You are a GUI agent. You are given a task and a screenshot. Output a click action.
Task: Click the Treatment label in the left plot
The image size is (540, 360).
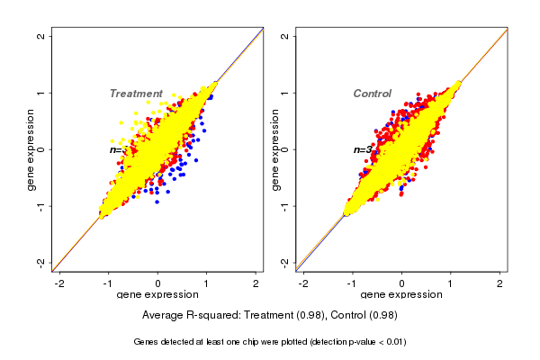pos(136,94)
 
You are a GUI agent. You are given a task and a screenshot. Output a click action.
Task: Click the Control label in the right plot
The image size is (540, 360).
pos(372,94)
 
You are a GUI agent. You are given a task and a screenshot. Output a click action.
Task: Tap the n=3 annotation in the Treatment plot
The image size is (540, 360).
pos(116,149)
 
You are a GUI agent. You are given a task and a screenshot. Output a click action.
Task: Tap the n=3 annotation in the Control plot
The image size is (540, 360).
pos(362,149)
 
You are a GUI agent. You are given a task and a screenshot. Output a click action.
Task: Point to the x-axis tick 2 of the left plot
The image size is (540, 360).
pos(256,283)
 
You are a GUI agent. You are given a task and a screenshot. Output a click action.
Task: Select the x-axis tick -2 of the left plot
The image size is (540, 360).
pos(59,283)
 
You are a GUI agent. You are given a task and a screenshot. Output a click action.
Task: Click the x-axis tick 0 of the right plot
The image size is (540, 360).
pos(402,283)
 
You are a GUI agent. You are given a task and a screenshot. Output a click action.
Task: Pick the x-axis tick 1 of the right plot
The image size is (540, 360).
pos(452,283)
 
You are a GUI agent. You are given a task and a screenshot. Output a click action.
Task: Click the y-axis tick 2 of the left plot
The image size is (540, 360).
pos(42,36)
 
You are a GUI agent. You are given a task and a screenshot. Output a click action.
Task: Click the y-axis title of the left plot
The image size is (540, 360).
pos(31,149)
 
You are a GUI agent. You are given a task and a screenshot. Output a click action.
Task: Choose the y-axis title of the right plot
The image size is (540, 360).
pos(275,149)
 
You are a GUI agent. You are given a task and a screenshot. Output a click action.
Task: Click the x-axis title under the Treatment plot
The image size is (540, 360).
pos(157,296)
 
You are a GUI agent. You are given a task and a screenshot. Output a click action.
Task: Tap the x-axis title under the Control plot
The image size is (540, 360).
pos(402,296)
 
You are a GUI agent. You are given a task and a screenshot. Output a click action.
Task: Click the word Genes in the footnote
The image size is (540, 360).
pos(147,342)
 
